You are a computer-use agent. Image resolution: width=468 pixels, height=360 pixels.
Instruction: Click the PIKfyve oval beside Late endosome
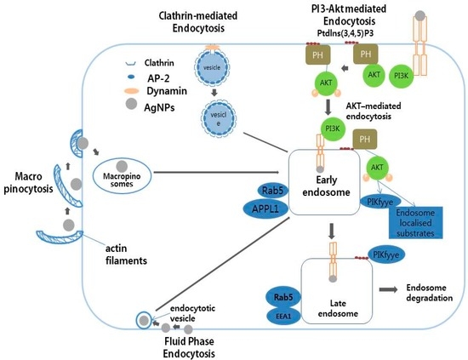tap(386, 254)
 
